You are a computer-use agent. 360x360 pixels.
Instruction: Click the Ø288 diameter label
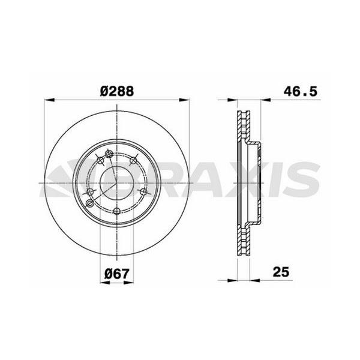click(x=116, y=91)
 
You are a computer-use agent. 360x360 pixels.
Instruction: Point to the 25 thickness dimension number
click(x=280, y=272)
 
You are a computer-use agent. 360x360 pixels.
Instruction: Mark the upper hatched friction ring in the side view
click(x=242, y=129)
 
